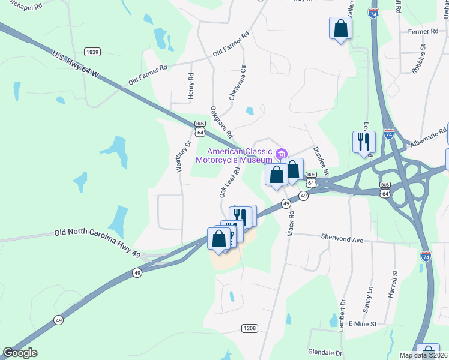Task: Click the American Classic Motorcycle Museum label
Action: (x=240, y=155)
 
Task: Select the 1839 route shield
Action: (x=92, y=52)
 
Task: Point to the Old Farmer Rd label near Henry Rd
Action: (x=147, y=74)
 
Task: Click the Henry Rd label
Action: (x=191, y=86)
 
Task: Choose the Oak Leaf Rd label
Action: (x=229, y=182)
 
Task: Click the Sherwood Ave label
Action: (x=342, y=239)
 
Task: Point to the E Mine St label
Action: (x=361, y=323)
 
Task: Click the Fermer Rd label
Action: (x=423, y=31)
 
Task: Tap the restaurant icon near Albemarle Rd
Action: (x=364, y=142)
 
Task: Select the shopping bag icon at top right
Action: (x=340, y=28)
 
